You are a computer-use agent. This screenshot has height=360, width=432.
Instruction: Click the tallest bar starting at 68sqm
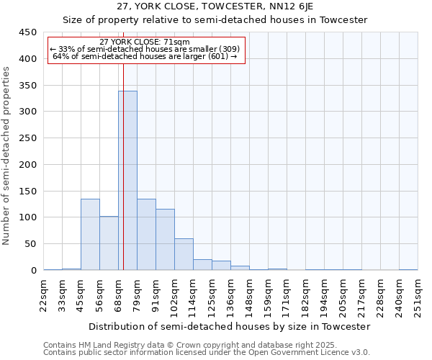[x=127, y=180]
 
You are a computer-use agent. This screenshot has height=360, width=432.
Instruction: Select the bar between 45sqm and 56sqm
[x=90, y=234]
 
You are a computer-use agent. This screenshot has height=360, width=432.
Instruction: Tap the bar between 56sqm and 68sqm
[x=109, y=243]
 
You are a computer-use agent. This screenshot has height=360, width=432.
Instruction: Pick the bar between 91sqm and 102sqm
[x=165, y=239]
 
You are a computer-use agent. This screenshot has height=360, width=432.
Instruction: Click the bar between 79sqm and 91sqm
[x=146, y=234]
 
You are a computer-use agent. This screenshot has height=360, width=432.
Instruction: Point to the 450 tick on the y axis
[x=28, y=32]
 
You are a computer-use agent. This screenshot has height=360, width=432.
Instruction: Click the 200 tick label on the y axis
[x=28, y=165]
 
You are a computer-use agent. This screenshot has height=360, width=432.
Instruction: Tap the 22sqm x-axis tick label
[x=44, y=294]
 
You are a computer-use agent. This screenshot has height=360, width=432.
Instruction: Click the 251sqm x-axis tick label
[x=418, y=294]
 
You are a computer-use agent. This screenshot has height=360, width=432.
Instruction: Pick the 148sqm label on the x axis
[x=250, y=294]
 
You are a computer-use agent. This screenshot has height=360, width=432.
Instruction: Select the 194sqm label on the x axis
[x=325, y=294]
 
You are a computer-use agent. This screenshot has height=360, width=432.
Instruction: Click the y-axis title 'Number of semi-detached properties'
[x=7, y=156]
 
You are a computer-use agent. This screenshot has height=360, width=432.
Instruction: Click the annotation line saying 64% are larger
[x=145, y=57]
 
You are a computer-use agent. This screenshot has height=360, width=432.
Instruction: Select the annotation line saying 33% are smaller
[x=145, y=50]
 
